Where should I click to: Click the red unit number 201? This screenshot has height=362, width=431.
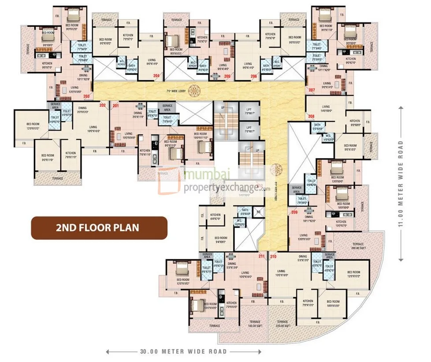[116, 106]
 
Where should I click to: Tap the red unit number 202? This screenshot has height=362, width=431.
[103, 105]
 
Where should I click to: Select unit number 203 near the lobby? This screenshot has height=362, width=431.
[87, 96]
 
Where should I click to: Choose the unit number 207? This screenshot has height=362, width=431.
[312, 90]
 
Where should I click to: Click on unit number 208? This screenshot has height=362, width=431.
[311, 116]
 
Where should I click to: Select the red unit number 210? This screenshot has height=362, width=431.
[273, 256]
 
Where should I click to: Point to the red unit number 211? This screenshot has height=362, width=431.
[262, 256]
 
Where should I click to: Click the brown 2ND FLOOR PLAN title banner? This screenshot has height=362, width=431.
[98, 228]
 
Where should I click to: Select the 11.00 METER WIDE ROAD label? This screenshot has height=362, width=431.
[400, 183]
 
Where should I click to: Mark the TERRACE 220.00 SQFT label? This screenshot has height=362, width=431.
[282, 325]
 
